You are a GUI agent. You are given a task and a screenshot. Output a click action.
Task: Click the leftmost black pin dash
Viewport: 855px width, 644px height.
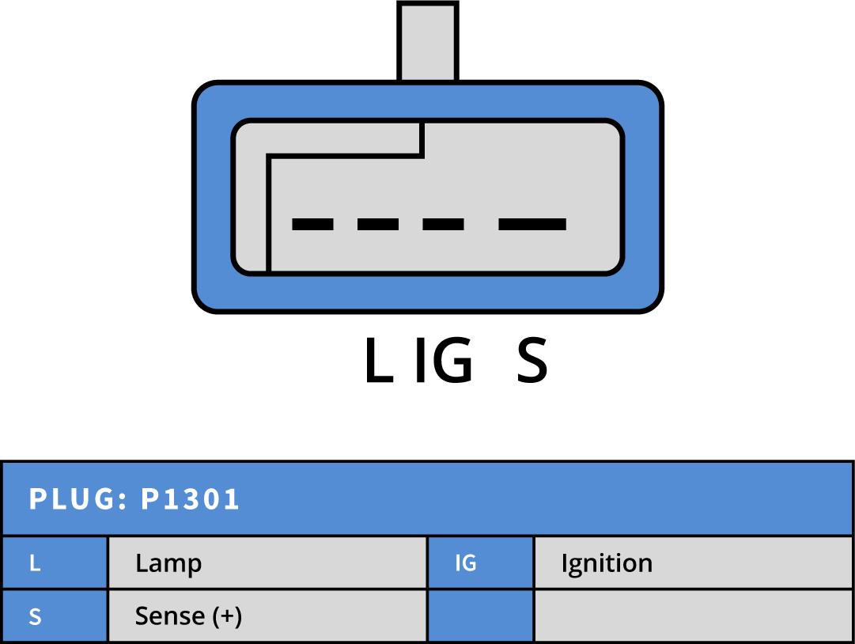312,225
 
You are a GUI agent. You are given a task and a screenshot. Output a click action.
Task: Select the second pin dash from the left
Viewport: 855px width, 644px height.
378,225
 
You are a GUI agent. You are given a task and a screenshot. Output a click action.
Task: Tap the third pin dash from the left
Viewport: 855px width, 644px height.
443,225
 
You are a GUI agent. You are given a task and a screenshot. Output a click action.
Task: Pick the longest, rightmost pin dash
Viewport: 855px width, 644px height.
532,225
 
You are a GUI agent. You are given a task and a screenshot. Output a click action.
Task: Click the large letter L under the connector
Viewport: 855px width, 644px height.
377,362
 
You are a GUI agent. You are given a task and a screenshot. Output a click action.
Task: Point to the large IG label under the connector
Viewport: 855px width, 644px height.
444,362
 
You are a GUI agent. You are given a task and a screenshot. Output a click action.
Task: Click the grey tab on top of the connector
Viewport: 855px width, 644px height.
428,41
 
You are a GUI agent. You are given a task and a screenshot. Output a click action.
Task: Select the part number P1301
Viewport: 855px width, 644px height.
190,500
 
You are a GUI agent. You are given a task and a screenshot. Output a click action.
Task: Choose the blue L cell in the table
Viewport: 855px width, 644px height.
54,563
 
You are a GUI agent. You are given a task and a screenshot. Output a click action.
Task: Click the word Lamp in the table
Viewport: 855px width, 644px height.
168,563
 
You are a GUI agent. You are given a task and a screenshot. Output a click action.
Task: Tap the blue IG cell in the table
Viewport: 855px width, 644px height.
480,563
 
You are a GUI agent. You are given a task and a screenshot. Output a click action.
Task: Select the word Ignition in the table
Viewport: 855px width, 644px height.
607,563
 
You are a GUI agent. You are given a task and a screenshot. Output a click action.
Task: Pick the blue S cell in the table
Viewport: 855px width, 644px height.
54,616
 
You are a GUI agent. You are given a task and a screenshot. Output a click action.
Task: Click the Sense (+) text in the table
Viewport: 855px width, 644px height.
188,616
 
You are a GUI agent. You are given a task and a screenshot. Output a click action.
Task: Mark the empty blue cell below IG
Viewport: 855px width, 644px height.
480,616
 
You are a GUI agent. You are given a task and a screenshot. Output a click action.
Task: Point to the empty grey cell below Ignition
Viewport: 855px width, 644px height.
694,616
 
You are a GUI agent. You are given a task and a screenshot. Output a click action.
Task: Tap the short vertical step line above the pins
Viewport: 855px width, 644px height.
422,139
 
